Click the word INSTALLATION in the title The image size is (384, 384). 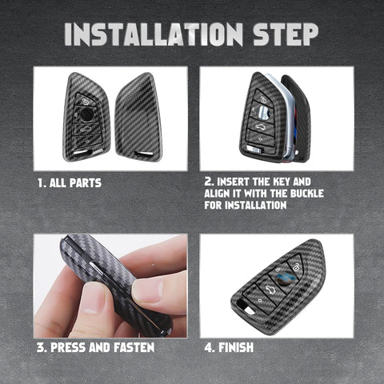click(154, 34)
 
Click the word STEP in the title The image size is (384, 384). click(286, 34)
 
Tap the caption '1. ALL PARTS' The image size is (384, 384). click(70, 183)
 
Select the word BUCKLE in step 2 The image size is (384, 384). click(307, 194)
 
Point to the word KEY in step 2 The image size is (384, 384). click(278, 182)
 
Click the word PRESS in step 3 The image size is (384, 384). click(69, 347)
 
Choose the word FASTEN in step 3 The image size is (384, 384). click(134, 347)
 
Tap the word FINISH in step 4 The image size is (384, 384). click(236, 347)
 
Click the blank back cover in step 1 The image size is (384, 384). click(138, 117)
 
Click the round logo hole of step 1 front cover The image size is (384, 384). click(87, 114)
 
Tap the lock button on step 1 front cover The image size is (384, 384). click(85, 101)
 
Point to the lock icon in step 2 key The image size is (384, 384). click(263, 100)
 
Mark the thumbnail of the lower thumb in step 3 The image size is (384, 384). click(92, 301)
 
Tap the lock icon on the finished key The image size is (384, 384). click(295, 268)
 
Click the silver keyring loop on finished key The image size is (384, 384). click(248, 310)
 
